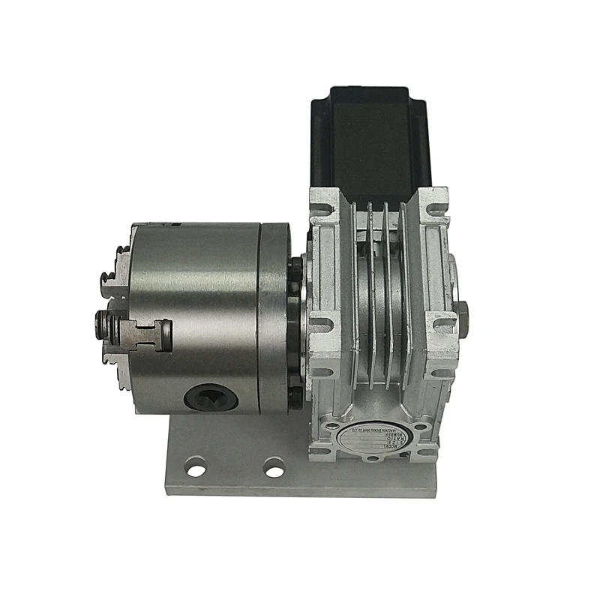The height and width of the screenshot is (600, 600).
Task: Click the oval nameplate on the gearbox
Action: tap(376, 436)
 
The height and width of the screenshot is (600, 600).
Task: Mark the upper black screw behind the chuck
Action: tap(298, 266)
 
